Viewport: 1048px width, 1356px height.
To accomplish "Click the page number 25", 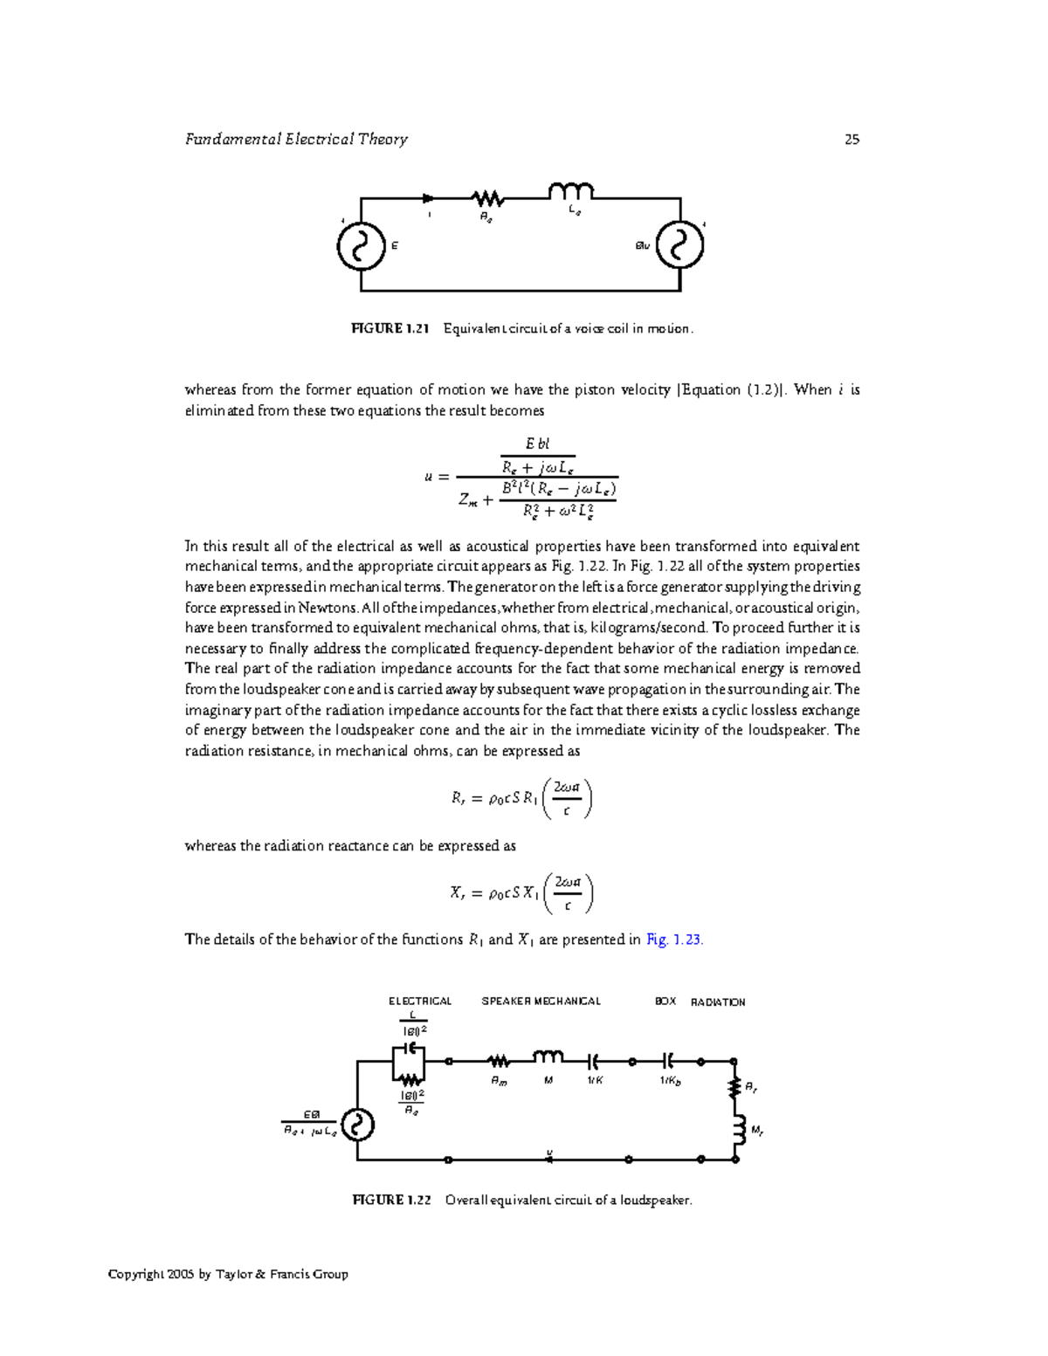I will pyautogui.click(x=851, y=139).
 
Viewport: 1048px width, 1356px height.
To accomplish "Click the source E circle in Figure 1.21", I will pyautogui.click(x=361, y=246).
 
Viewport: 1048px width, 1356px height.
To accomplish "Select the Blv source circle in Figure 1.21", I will pyautogui.click(x=679, y=246).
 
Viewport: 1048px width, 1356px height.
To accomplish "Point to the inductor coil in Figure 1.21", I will pyautogui.click(x=570, y=190).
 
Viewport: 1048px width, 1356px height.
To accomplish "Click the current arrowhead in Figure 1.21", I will pyautogui.click(x=428, y=198).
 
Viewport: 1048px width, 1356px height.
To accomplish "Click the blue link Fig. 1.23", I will pyautogui.click(x=674, y=940).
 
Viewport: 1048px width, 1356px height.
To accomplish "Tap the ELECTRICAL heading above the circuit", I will pyautogui.click(x=420, y=1002).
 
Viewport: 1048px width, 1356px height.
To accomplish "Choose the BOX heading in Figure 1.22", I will pyautogui.click(x=665, y=1002).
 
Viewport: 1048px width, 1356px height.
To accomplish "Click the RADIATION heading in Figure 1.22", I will pyautogui.click(x=718, y=1002).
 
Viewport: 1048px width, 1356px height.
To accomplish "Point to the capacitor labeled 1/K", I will pyautogui.click(x=595, y=1061).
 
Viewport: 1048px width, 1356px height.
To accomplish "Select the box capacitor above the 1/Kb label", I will pyautogui.click(x=669, y=1061).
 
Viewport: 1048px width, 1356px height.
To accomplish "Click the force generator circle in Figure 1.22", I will pyautogui.click(x=357, y=1125).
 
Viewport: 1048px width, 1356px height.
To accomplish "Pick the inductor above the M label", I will pyautogui.click(x=548, y=1057).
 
